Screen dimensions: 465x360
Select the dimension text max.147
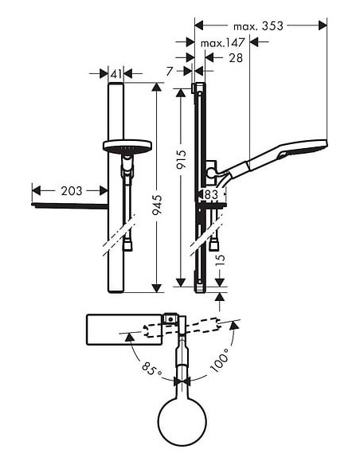222,42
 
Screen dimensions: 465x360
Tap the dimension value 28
237,57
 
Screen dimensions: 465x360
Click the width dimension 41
116,74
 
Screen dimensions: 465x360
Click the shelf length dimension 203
70,190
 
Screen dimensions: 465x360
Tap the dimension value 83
210,193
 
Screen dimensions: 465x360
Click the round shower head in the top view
184,420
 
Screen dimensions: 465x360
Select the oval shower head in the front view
127,147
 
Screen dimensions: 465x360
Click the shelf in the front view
70,206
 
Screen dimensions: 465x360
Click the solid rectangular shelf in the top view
124,329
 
